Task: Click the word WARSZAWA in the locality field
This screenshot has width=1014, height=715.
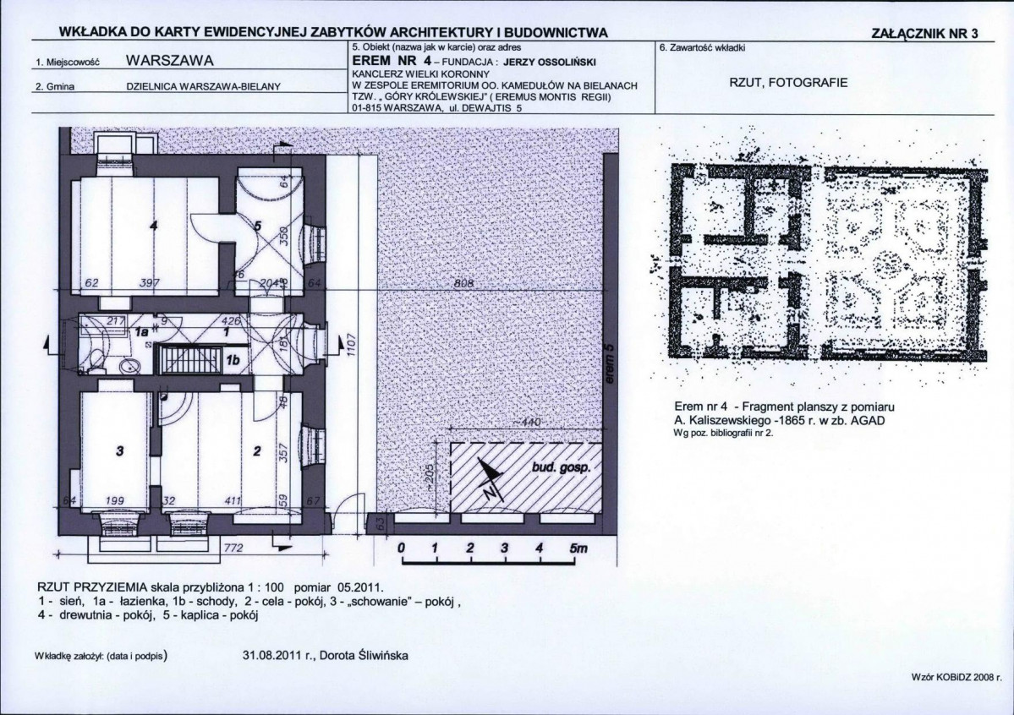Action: pyautogui.click(x=169, y=61)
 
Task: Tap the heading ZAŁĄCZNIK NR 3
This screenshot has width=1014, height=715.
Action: pyautogui.click(x=924, y=34)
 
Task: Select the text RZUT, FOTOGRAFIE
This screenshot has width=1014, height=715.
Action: pyautogui.click(x=787, y=83)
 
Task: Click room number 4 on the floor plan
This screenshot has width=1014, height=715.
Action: pyautogui.click(x=153, y=226)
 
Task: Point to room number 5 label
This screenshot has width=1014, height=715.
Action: pyautogui.click(x=257, y=226)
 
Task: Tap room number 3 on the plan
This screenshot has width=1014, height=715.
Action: pyautogui.click(x=119, y=450)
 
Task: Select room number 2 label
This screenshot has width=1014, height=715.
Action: pyautogui.click(x=257, y=450)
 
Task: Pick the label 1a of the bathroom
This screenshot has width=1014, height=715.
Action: pyautogui.click(x=141, y=332)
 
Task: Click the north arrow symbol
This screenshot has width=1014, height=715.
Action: pyautogui.click(x=489, y=479)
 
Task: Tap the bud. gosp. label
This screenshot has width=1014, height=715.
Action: pyautogui.click(x=561, y=467)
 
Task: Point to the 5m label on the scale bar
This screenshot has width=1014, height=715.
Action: pyautogui.click(x=578, y=549)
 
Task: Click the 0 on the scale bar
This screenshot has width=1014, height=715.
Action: pyautogui.click(x=402, y=549)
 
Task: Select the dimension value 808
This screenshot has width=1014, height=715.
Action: pyautogui.click(x=463, y=284)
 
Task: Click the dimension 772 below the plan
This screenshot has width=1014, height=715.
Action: pyautogui.click(x=233, y=549)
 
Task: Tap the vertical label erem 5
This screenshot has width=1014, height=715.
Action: pyautogui.click(x=610, y=365)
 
